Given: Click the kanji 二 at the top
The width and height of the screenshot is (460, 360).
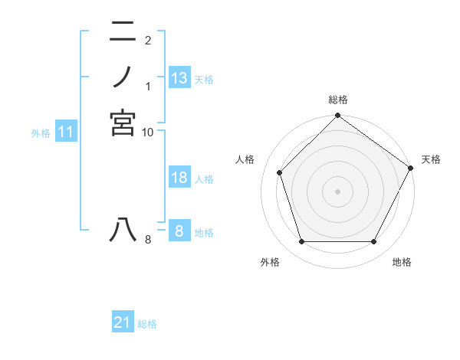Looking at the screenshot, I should pos(123,32).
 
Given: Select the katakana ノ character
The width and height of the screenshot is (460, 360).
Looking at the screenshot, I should pos(123,77).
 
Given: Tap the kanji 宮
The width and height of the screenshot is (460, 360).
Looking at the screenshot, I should pos(123,123).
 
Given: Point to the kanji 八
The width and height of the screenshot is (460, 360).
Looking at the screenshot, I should pos(123,231).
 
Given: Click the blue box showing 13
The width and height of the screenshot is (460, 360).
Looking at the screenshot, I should pos(179,77).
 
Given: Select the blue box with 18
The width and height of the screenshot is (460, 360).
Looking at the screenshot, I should pos(179,178).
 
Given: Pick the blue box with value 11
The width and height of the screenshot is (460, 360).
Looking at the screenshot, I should pos(66,132).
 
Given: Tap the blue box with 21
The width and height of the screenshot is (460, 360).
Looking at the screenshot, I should pos(123,322).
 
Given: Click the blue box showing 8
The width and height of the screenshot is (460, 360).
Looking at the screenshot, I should pos(179,231).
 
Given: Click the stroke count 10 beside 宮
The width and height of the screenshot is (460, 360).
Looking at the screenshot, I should pos(148,133).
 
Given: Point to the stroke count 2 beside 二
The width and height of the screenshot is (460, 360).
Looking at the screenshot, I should pos(148,40).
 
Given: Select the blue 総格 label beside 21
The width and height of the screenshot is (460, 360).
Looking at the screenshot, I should pos(147,324).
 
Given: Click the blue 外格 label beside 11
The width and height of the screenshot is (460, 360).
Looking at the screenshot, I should pos(41,133).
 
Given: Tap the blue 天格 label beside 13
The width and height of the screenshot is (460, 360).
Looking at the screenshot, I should pos(204,80).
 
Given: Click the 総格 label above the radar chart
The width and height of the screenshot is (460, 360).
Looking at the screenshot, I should pos(338,100).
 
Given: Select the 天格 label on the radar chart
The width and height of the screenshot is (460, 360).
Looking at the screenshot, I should pos(431,159).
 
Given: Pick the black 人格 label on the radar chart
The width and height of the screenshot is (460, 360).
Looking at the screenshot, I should pos(245,159).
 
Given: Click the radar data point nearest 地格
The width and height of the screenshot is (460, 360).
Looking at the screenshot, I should pos(374,242).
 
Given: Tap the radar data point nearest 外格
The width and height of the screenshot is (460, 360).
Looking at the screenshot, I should pos(301,242).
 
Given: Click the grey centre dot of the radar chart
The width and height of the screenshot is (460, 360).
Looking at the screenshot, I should pos(337,191).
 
